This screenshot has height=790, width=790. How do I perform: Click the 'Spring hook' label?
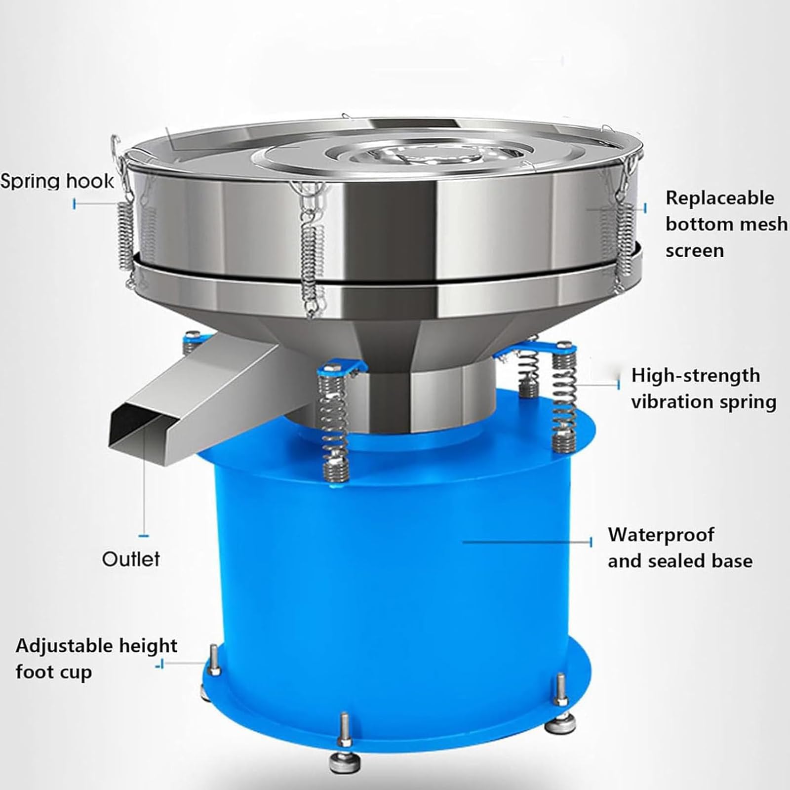coord(57,181)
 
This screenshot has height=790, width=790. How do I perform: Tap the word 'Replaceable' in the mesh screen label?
coord(720,198)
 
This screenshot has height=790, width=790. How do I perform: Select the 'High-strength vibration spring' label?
coord(704,389)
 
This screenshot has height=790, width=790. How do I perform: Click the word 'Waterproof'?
coord(661,535)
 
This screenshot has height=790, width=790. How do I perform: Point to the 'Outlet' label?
coord(131,559)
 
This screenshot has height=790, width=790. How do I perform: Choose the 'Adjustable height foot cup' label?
coord(96,659)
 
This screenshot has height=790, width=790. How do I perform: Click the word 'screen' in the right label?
coord(695,251)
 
